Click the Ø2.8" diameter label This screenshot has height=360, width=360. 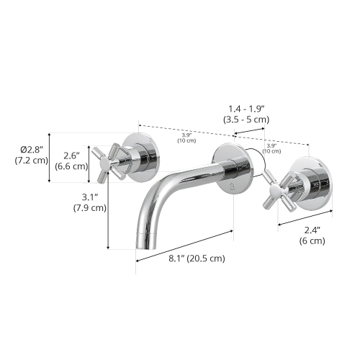pos(32,148)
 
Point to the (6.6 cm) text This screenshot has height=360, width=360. pos(71,166)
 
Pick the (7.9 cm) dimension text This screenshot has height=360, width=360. pos(89,208)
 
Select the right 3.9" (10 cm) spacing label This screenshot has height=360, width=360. pos(272,148)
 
